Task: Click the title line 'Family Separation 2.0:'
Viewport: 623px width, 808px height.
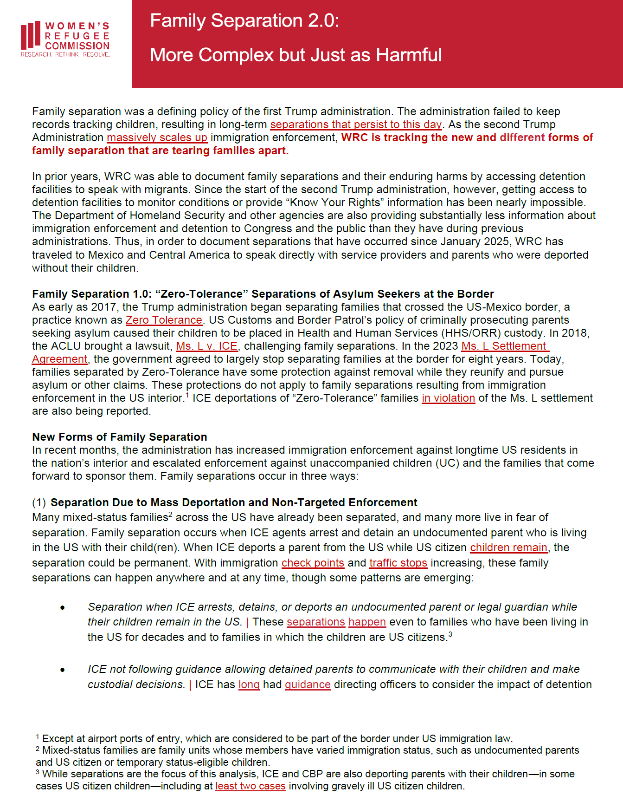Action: click(x=244, y=21)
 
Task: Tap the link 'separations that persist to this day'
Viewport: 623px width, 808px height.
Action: click(x=356, y=124)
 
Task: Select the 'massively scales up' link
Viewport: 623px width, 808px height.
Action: click(x=157, y=137)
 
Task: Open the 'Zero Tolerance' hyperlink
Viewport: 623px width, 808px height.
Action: click(x=164, y=320)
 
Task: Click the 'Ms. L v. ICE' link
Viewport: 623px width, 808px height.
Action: click(x=206, y=346)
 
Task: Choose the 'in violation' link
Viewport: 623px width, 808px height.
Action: click(x=448, y=398)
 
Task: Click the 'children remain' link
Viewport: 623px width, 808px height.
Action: click(x=508, y=547)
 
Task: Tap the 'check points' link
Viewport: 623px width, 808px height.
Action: click(x=313, y=563)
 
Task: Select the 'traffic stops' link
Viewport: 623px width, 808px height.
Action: click(x=398, y=563)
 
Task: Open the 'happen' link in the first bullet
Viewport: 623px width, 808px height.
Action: click(x=367, y=622)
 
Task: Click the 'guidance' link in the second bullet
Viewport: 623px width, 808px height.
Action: click(x=308, y=684)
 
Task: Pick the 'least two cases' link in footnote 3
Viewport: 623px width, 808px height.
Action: click(x=250, y=786)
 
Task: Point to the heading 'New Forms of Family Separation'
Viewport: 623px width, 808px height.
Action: click(x=120, y=437)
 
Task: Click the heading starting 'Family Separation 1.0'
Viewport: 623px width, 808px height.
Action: click(x=263, y=294)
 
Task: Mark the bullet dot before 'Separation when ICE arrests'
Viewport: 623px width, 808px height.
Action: click(x=63, y=608)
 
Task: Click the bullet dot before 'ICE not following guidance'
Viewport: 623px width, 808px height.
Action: click(x=63, y=670)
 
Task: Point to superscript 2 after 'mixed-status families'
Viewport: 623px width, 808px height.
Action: click(x=170, y=515)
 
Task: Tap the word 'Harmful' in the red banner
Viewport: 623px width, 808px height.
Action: click(x=409, y=55)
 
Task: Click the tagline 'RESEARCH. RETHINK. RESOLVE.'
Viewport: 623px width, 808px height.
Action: click(x=65, y=55)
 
